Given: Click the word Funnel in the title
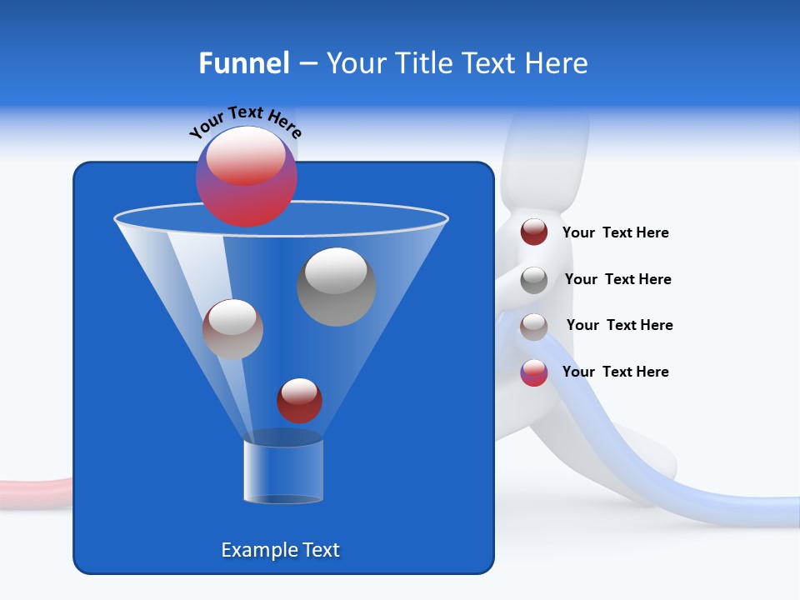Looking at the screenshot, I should point(243,63).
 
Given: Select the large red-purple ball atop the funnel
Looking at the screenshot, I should point(246,176).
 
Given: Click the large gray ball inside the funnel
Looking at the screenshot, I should point(337,287).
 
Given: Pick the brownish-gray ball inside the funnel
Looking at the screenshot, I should point(232,329).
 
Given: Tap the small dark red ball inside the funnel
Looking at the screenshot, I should point(299,401).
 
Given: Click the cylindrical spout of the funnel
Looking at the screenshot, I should point(282,472).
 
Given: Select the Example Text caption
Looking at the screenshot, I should point(280,550).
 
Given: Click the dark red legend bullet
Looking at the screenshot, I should point(534,232).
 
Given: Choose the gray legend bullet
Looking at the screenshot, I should point(534,280).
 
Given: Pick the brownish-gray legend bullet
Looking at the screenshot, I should point(534,327).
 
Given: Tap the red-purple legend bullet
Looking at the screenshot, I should point(534,372).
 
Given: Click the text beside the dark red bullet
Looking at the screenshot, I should point(615,233).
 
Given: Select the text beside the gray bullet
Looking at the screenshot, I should point(617,280).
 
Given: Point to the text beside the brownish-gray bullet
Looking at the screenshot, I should point(619,326).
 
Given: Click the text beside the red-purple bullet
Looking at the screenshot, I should point(615,372).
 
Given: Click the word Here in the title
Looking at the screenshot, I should point(556,63).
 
